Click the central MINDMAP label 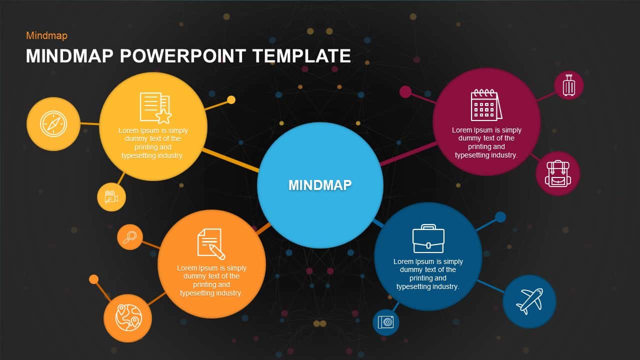pyautogui.click(x=320, y=185)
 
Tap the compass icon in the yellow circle pyautogui.click(x=53, y=123)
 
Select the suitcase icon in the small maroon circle pyautogui.click(x=569, y=85)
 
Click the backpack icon pyautogui.click(x=557, y=173)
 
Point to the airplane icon pyautogui.click(x=529, y=301)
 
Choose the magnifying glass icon pyautogui.click(x=130, y=236)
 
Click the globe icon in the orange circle pyautogui.click(x=128, y=317)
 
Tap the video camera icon pyautogui.click(x=111, y=197)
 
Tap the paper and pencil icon pyautogui.click(x=210, y=244)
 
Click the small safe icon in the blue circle pyautogui.click(x=385, y=322)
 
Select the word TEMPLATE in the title pyautogui.click(x=301, y=56)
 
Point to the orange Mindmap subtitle pyautogui.click(x=46, y=35)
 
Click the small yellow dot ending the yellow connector pyautogui.click(x=231, y=99)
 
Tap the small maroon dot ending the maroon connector pyautogui.click(x=405, y=91)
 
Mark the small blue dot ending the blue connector pyautogui.click(x=500, y=217)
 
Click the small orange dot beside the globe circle pyautogui.click(x=93, y=279)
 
